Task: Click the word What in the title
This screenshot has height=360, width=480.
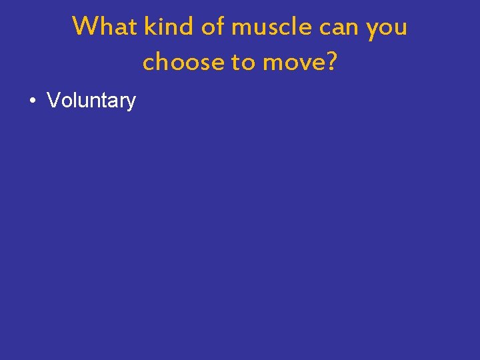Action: tap(105, 27)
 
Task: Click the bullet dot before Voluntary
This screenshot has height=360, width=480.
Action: tap(32, 101)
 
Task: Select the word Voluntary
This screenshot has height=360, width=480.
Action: tap(91, 101)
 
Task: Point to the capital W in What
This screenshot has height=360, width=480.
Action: tap(85, 27)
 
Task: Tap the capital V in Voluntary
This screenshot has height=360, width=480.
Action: tap(53, 101)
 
